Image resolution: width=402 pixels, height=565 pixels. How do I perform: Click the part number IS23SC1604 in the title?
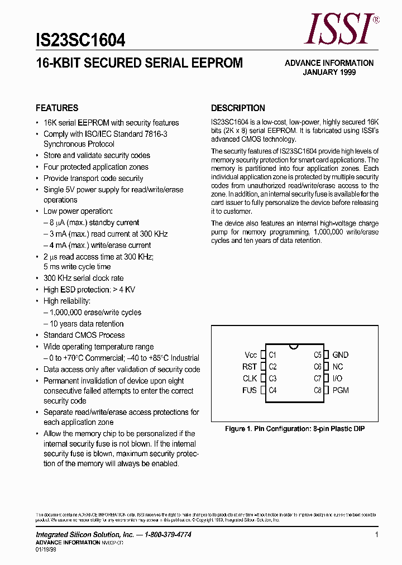(80, 40)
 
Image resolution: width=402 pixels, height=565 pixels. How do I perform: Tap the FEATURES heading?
(57, 108)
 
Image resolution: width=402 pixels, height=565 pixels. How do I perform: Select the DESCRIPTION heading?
(238, 108)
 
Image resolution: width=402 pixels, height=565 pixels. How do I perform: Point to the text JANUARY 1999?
(329, 72)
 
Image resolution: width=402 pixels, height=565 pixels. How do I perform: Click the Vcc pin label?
(251, 355)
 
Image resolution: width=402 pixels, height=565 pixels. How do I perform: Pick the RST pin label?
(250, 367)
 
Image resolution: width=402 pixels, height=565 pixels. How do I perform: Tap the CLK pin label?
(250, 379)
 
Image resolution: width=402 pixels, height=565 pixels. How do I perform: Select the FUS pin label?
(250, 390)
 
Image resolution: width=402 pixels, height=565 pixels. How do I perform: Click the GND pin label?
(340, 355)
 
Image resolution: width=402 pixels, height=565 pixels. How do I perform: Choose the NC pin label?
(338, 367)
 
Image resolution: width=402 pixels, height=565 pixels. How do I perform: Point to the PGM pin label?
(340, 390)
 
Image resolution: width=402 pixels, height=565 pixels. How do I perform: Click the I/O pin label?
(337, 379)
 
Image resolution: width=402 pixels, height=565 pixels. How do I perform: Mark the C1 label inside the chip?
(272, 355)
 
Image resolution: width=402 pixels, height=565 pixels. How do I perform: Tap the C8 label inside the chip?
(318, 390)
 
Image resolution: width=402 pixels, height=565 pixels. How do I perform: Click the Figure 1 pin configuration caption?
(295, 429)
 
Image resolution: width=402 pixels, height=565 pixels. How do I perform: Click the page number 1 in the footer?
(377, 535)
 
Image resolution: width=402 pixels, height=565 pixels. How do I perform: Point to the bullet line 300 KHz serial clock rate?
(84, 278)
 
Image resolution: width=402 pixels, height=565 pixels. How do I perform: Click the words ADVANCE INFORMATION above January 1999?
(329, 63)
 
